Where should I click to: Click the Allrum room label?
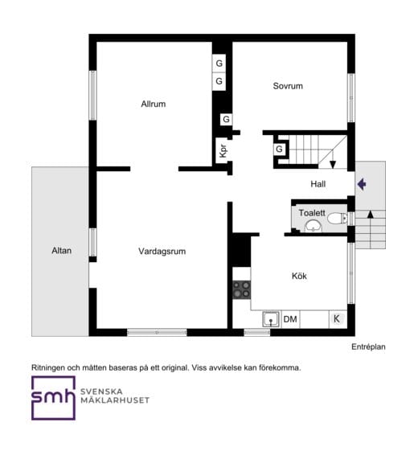pos(154,104)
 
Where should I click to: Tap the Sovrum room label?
pos(288,86)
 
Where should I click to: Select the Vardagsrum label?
pos(162,252)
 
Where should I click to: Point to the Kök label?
pos(299,276)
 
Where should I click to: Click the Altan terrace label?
pos(62,251)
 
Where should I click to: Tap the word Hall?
pos(318,184)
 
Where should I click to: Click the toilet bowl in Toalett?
pos(337,218)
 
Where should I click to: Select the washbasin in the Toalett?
pos(313,226)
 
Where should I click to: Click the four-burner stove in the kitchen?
pos(241,289)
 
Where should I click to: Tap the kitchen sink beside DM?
pos(271,319)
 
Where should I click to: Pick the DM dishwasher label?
pos(290,319)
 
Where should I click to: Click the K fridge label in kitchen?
pos(337,319)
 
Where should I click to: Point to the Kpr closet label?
pos(223,151)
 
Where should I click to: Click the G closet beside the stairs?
pos(279,150)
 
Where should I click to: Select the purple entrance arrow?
pos(362,184)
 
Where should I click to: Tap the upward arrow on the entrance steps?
pos(370,229)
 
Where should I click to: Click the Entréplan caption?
pos(368,346)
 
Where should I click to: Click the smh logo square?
pos(53,398)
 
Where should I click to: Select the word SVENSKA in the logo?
pos(101,391)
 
